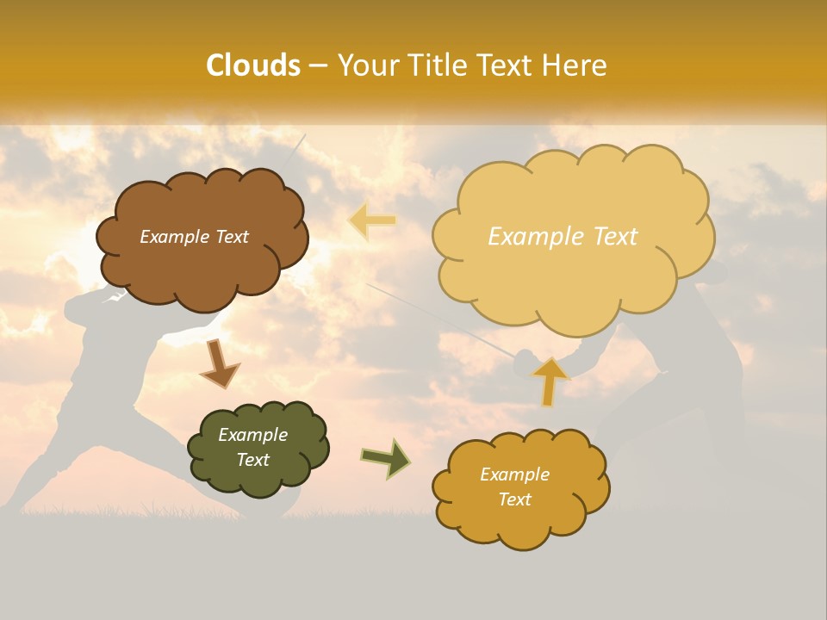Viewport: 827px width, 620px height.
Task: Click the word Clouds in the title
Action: (x=253, y=65)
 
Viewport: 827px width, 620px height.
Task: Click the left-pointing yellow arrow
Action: (x=372, y=220)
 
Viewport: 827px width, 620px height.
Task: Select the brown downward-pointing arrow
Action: (x=219, y=365)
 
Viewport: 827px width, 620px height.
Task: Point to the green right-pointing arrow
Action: (x=386, y=458)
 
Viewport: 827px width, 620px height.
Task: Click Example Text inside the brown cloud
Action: (x=194, y=237)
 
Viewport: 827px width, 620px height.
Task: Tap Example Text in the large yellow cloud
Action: (x=563, y=237)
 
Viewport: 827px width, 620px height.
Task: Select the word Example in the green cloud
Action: (x=252, y=435)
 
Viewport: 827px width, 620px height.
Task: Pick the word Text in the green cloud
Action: (x=252, y=460)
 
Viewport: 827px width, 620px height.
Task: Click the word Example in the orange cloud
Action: (x=514, y=474)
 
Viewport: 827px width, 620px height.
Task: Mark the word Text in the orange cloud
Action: (x=514, y=499)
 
